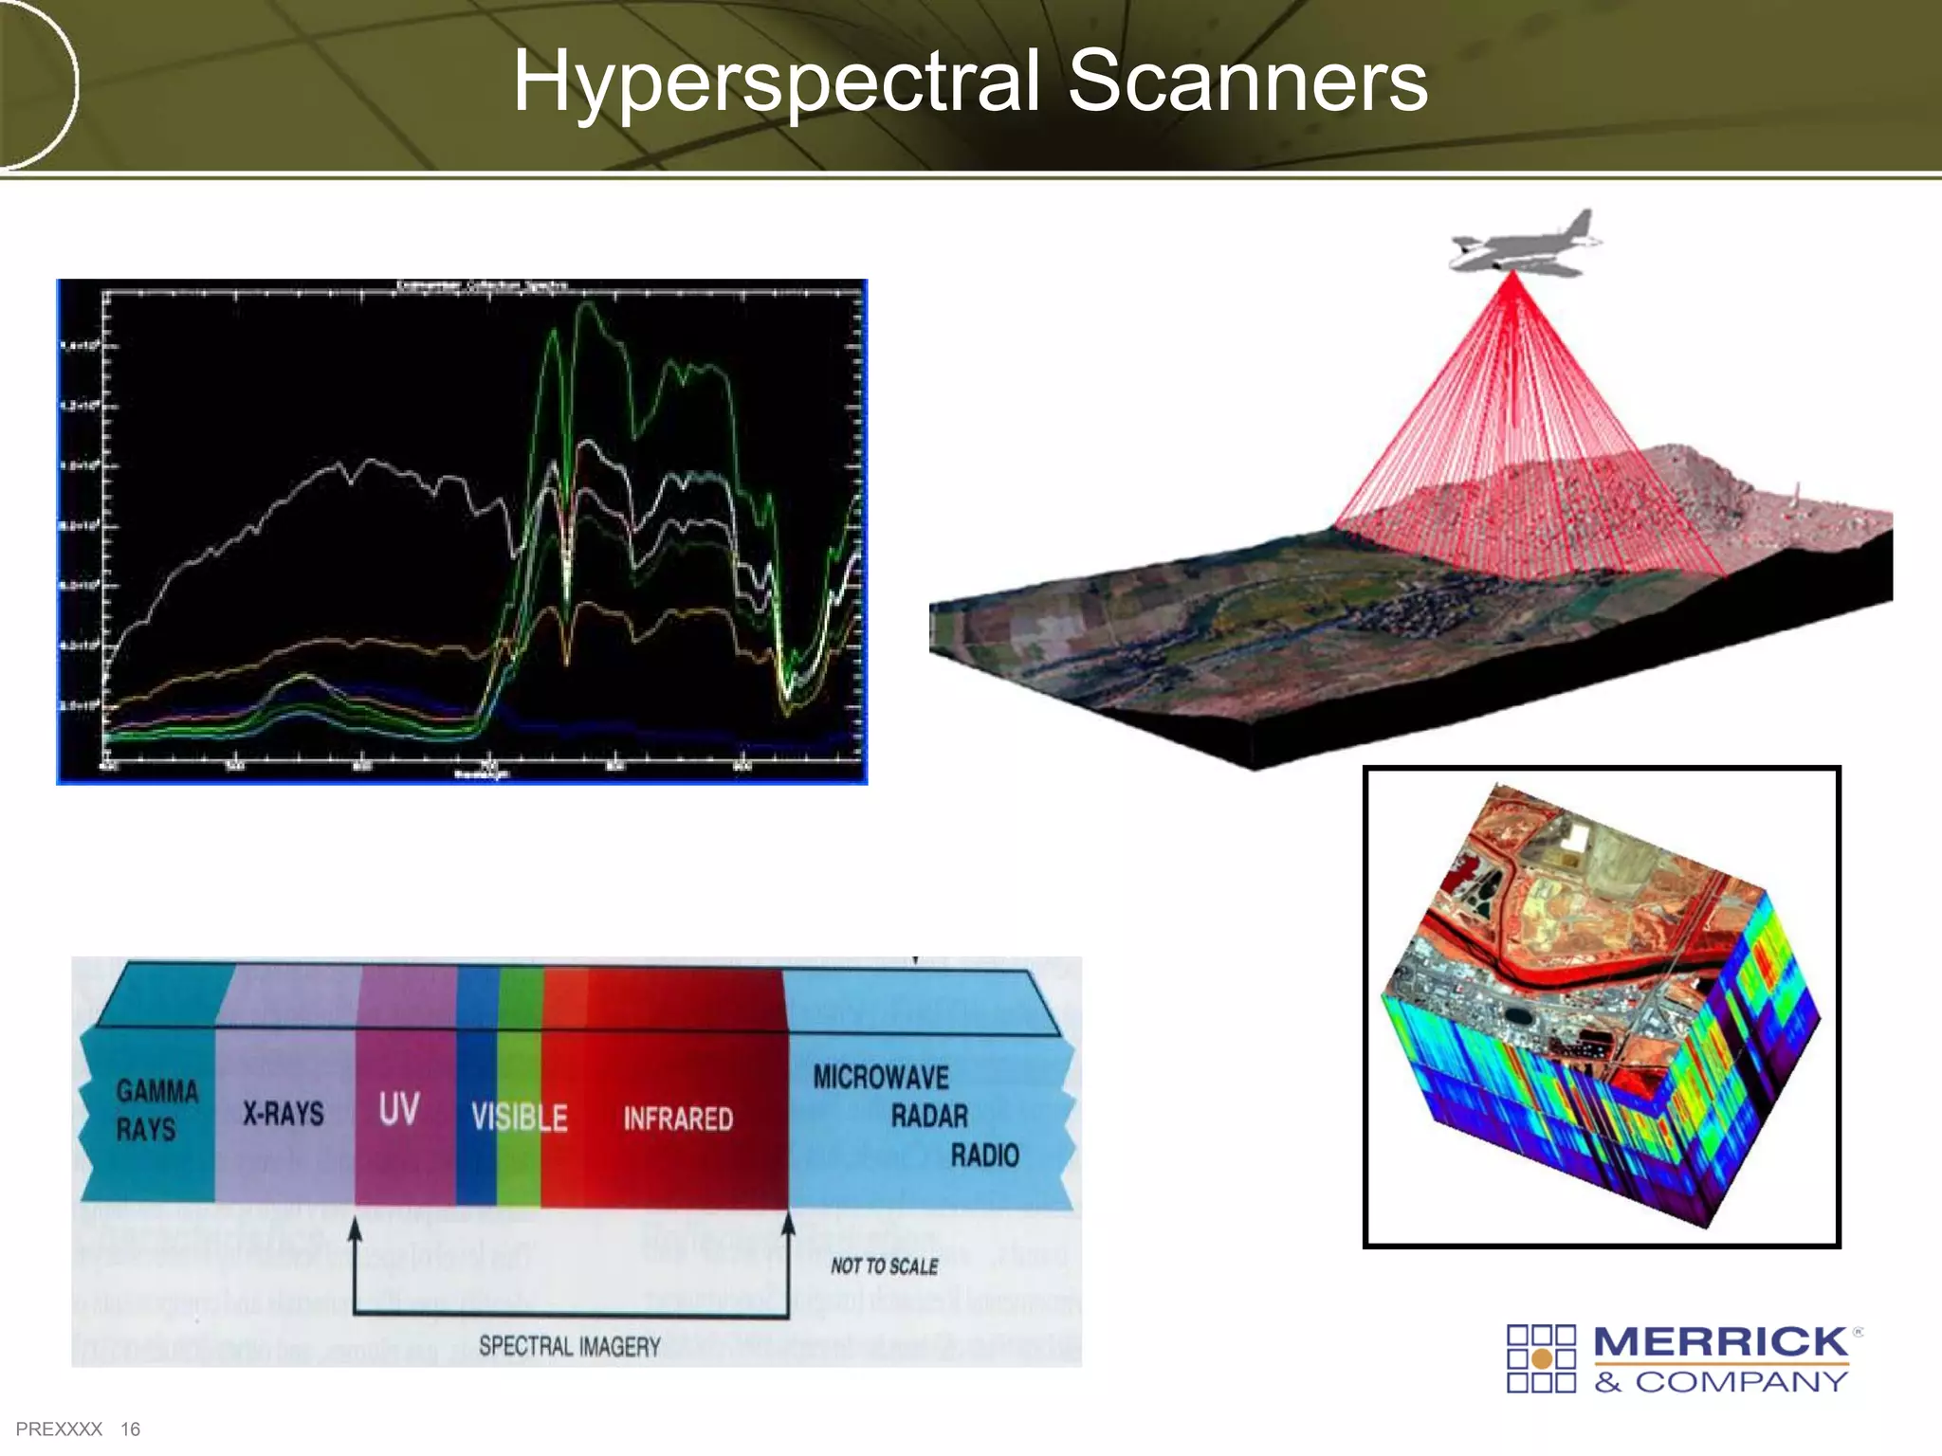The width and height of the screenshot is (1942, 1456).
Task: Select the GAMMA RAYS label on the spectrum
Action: [x=156, y=1110]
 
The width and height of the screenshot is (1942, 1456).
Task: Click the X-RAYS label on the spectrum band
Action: [x=283, y=1113]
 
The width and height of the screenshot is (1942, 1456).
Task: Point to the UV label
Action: [x=398, y=1108]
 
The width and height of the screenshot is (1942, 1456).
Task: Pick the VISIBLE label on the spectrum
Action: [x=519, y=1119]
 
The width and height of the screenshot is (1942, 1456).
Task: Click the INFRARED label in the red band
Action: [x=678, y=1119]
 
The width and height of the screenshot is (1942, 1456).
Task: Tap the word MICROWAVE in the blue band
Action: [x=881, y=1078]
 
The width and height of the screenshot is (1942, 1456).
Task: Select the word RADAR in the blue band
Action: [x=929, y=1117]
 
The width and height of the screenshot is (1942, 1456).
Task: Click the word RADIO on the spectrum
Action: [x=984, y=1156]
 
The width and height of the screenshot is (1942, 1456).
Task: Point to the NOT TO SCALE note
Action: [x=884, y=1266]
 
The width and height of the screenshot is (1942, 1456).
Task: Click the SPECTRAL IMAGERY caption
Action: [x=569, y=1346]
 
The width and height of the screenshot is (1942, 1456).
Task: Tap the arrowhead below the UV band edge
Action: [x=355, y=1230]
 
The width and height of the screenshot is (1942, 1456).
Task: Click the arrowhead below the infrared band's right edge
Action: [x=788, y=1224]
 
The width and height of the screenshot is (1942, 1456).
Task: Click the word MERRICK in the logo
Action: [x=1720, y=1342]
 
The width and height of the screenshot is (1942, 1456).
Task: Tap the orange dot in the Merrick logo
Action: [x=1542, y=1359]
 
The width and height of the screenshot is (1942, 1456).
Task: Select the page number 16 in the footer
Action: [x=130, y=1429]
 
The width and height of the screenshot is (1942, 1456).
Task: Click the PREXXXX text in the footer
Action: [x=59, y=1429]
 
